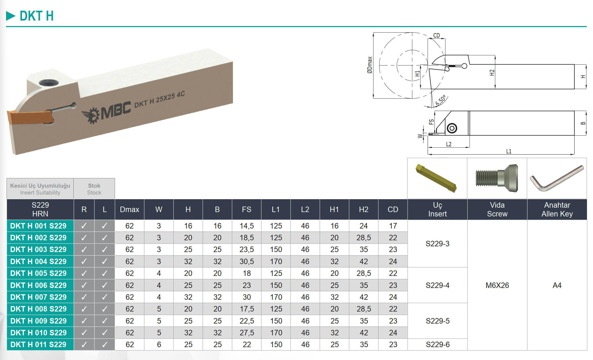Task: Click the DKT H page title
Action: pos(37,16)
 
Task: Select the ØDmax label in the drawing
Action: pos(370,65)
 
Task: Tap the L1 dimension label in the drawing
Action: pos(509,151)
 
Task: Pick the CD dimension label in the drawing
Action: pos(436,35)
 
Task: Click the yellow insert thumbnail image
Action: pos(436,178)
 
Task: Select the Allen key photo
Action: pos(556,178)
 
